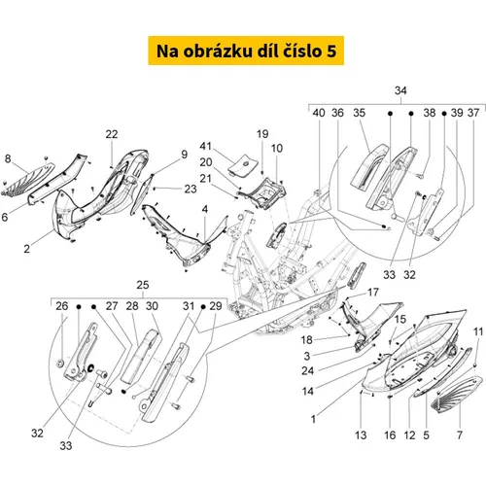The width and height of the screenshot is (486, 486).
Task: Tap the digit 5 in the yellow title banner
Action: coord(331,52)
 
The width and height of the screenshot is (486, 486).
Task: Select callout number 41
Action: coord(206,146)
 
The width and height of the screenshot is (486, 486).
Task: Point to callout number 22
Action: coord(112,134)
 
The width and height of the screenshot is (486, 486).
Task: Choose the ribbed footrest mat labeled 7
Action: coord(458,395)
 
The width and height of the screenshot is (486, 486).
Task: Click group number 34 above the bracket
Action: coord(400,90)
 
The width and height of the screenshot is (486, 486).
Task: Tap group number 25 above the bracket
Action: coord(143,285)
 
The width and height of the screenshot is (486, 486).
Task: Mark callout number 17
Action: coord(373,293)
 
